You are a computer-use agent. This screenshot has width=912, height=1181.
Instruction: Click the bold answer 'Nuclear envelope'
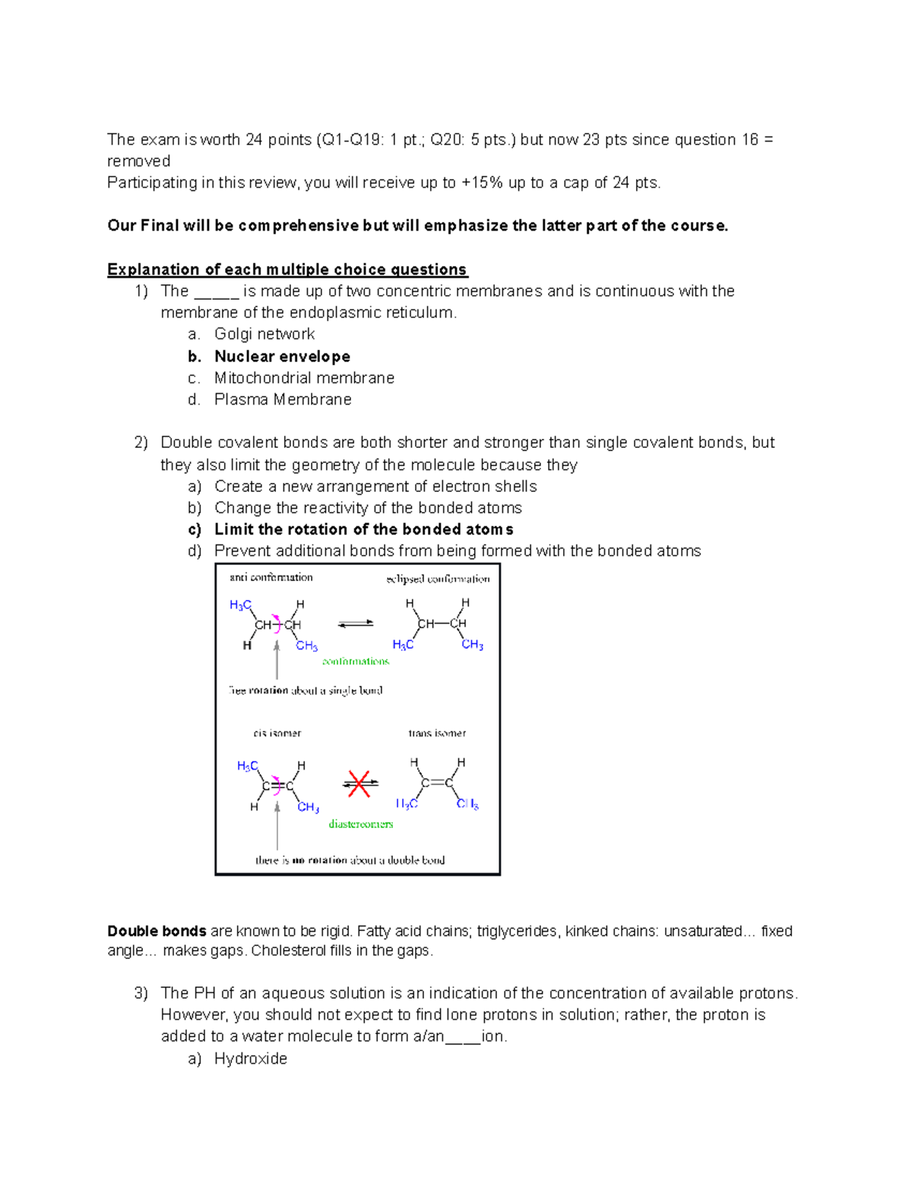(282, 357)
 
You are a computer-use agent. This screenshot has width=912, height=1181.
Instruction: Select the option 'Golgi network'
(264, 334)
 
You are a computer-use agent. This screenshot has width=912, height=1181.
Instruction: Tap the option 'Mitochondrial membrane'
(304, 378)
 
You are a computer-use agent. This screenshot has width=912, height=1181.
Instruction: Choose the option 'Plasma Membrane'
(283, 399)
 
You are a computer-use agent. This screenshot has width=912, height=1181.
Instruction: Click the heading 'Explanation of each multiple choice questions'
(287, 269)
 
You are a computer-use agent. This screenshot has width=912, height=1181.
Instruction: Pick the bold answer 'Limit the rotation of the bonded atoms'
(363, 529)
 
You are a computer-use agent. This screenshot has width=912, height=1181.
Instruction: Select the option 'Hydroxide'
(251, 1059)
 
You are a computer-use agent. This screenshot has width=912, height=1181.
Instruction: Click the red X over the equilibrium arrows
(359, 783)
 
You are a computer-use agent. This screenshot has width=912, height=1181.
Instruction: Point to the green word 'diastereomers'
(361, 824)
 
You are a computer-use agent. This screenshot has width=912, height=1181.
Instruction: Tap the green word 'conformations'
(356, 662)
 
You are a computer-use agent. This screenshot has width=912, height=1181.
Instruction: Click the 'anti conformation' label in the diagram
(271, 577)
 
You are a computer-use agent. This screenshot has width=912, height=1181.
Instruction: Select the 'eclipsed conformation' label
(438, 579)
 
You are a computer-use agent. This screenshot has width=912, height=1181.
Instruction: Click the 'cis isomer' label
(277, 733)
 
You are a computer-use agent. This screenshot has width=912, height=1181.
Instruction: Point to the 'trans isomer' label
(437, 733)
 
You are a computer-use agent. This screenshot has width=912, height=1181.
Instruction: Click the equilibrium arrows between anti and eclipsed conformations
(356, 624)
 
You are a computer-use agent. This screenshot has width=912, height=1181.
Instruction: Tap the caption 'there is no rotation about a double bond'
(350, 860)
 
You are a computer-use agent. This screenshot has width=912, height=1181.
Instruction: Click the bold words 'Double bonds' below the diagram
(157, 931)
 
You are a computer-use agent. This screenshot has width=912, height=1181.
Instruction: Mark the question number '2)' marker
(141, 443)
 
